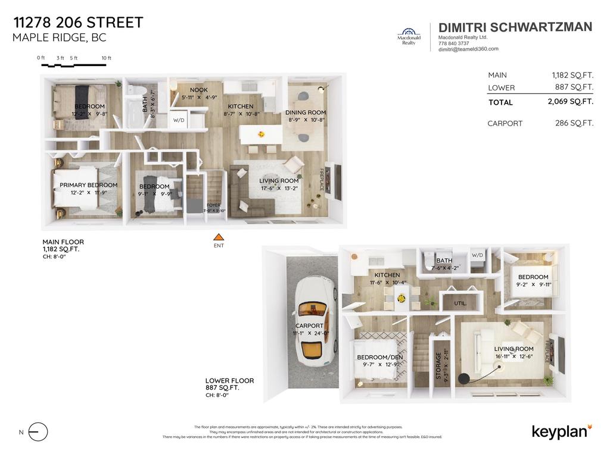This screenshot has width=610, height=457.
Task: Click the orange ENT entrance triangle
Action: click(219, 237)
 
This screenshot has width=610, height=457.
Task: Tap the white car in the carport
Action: click(312, 322)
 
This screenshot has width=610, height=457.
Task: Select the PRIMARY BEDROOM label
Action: click(88, 185)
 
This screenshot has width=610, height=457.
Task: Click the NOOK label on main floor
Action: click(198, 90)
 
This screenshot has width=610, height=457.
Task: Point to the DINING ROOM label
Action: click(306, 112)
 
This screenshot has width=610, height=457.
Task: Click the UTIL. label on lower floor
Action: click(460, 303)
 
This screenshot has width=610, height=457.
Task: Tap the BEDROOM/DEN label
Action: click(379, 357)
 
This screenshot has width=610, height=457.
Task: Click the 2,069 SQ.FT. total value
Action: click(569, 102)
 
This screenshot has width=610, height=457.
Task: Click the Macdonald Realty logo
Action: click(408, 36)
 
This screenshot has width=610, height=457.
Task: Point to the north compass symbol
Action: click(38, 432)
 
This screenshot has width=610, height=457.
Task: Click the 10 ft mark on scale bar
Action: click(106, 58)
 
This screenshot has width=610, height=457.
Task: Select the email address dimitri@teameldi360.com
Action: click(468, 49)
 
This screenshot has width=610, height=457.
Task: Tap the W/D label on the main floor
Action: click(179, 120)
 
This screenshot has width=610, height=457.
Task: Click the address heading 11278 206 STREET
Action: click(78, 23)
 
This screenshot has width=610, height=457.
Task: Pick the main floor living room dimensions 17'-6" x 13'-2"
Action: click(278, 188)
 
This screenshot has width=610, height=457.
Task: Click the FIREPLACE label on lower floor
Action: click(547, 352)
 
